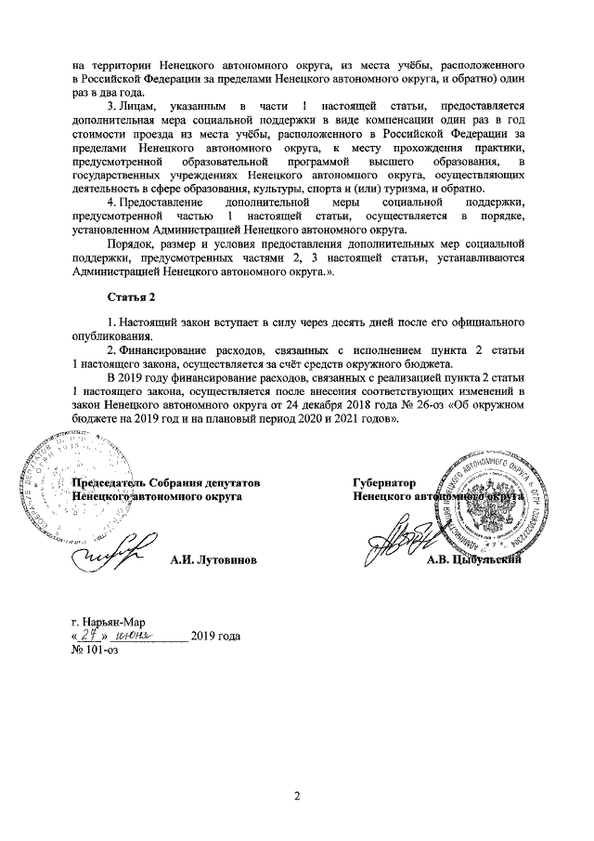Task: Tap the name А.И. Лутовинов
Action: pyautogui.click(x=213, y=562)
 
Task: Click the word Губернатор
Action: pyautogui.click(x=383, y=483)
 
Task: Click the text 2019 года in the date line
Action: pyautogui.click(x=215, y=637)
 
